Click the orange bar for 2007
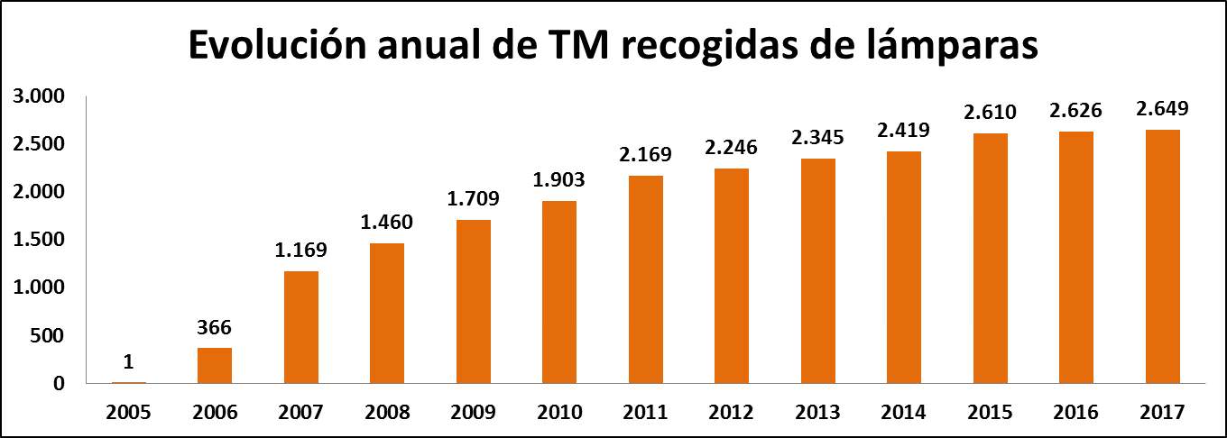click(x=301, y=327)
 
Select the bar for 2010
click(x=559, y=292)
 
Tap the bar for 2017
click(x=1162, y=257)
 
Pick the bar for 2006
click(x=215, y=365)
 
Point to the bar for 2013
click(x=817, y=270)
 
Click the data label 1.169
click(x=301, y=250)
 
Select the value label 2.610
click(x=990, y=113)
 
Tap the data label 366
click(x=215, y=326)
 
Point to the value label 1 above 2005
click(x=129, y=361)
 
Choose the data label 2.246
click(x=732, y=148)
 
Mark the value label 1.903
click(x=559, y=179)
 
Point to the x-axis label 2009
click(x=474, y=412)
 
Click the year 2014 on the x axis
click(x=904, y=412)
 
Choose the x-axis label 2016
click(x=1076, y=412)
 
